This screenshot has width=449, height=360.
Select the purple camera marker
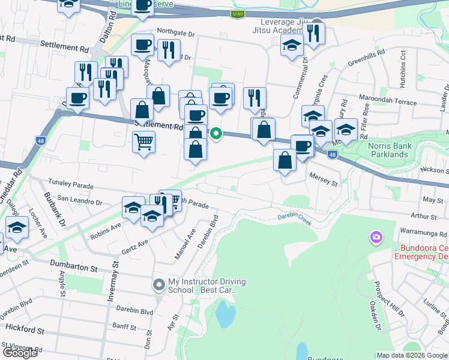pyautogui.click(x=376, y=238)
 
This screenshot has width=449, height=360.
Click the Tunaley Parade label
pyautogui.click(x=71, y=186)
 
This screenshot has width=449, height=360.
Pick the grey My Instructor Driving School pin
pyautogui.click(x=158, y=284)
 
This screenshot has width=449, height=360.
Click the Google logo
pyautogui.click(x=20, y=353)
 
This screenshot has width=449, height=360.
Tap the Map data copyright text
pyautogui.click(x=412, y=355)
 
